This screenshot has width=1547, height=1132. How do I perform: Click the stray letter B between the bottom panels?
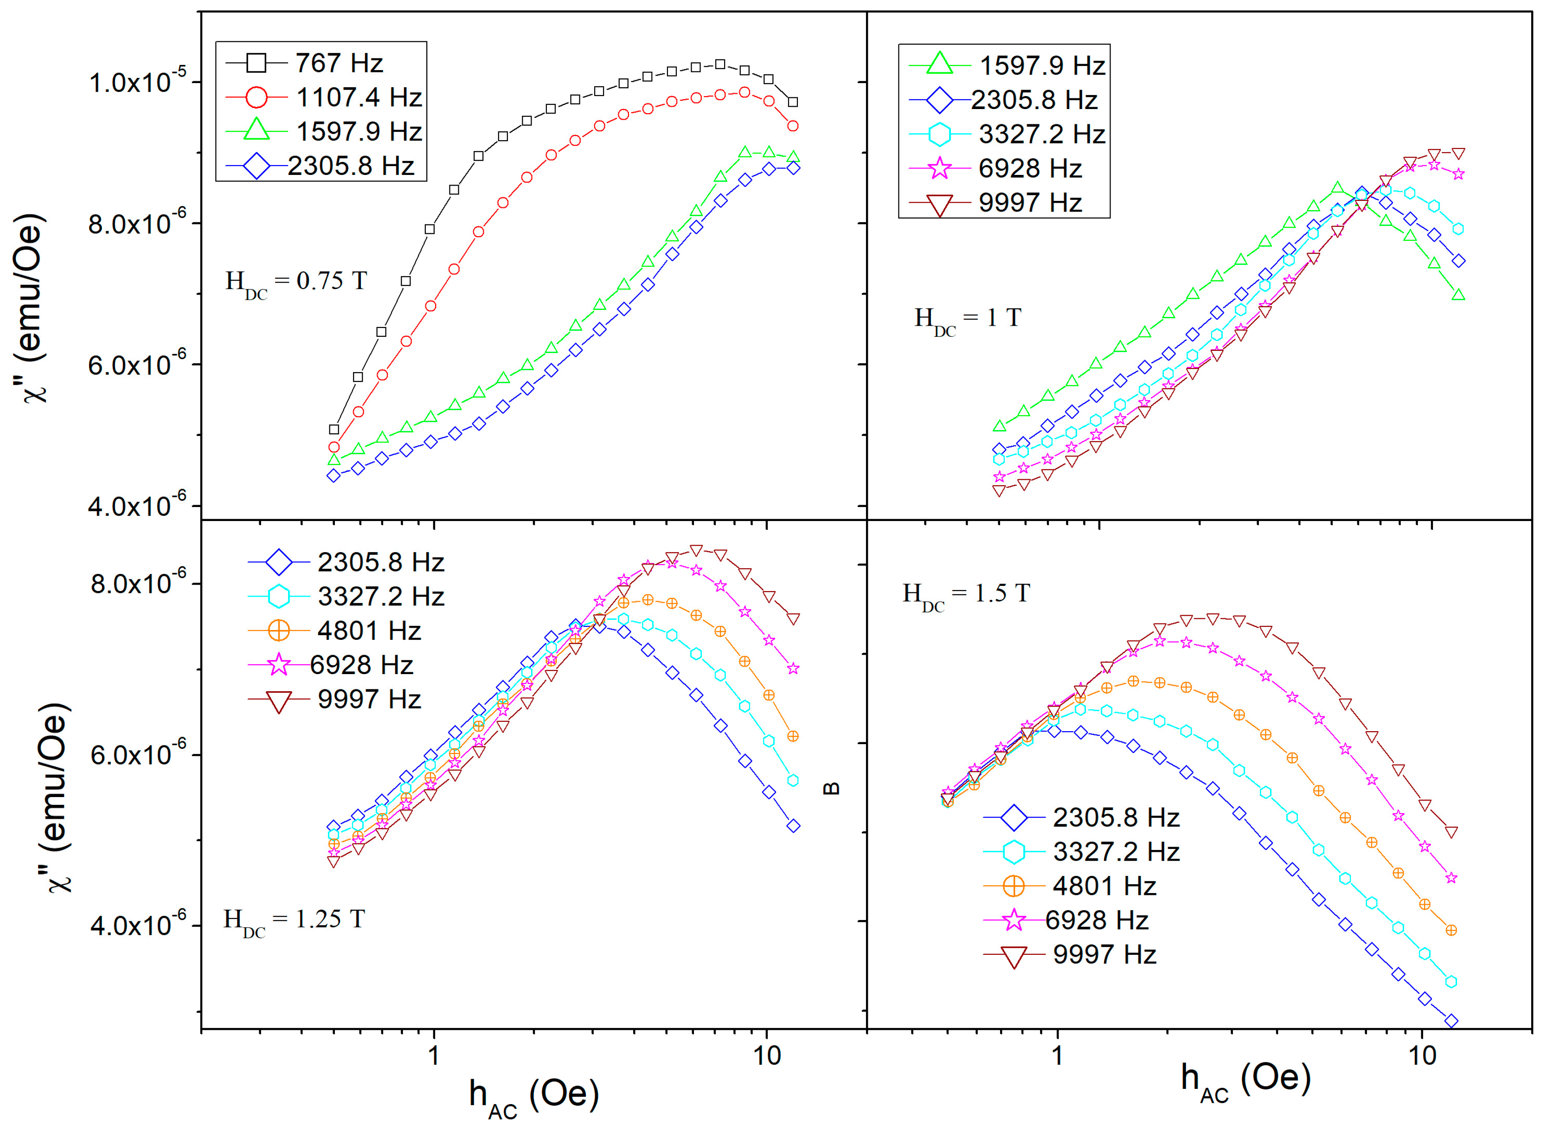pyautogui.click(x=830, y=789)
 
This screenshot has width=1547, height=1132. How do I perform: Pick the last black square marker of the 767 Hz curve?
pyautogui.click(x=793, y=102)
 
